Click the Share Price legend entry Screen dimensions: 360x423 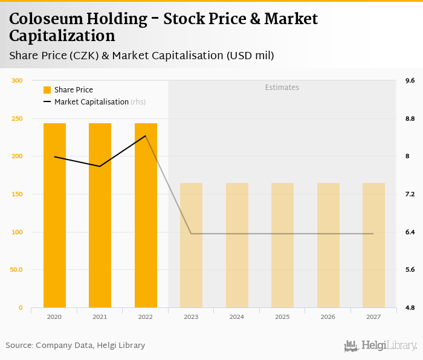68,90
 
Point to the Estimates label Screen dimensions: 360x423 282,88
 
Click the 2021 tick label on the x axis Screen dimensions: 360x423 100,317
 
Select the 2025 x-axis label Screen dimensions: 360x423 282,317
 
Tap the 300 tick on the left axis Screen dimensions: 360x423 17,81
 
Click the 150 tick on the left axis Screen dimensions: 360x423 17,194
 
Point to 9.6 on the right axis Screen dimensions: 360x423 410,81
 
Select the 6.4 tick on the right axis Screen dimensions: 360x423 410,233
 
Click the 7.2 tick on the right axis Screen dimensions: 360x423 410,194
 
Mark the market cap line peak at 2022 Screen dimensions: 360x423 146,136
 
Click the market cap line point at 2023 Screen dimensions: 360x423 192,234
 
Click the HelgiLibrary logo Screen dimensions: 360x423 380,346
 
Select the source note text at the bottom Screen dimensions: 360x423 76,346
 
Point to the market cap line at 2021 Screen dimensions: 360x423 100,166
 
